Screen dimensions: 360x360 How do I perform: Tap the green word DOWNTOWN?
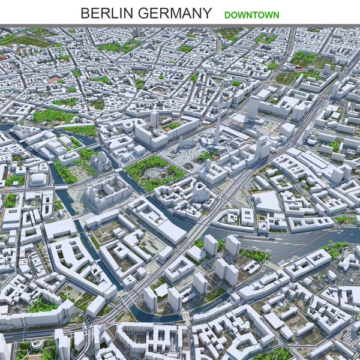[251, 14]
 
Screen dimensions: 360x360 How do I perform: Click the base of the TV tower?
[217, 143]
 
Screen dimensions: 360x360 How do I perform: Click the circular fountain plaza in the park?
[153, 173]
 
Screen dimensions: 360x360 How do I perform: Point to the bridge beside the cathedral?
[62, 187]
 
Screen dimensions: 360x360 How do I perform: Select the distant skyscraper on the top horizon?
[137, 31]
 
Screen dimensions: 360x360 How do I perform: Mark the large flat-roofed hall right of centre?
[266, 202]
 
